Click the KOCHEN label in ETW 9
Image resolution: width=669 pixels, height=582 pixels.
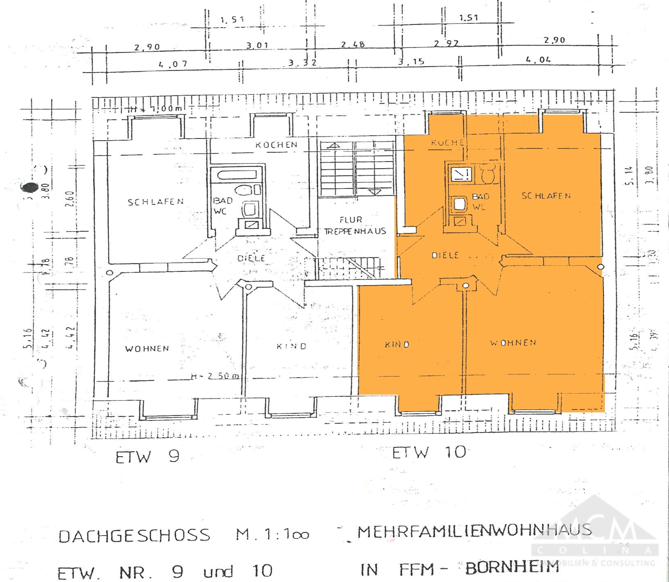(277, 145)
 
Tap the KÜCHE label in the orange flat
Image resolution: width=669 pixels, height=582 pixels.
(447, 143)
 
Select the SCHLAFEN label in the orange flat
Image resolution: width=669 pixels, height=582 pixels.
(546, 196)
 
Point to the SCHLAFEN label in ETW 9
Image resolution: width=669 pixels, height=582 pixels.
(156, 202)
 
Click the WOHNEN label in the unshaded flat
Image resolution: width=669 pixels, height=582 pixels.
(147, 349)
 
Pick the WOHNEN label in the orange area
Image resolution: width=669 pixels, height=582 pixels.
(513, 343)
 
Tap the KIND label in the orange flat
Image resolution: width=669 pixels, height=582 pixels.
(397, 345)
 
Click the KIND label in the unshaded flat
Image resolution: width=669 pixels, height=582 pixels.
(292, 346)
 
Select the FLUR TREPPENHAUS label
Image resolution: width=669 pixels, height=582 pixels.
(355, 225)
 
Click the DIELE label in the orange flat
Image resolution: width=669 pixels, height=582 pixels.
(445, 255)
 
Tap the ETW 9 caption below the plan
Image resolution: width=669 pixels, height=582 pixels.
(147, 457)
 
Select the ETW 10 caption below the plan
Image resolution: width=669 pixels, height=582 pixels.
(429, 453)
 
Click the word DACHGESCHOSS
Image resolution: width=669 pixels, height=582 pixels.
(134, 536)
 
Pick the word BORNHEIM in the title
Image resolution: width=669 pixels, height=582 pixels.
(512, 568)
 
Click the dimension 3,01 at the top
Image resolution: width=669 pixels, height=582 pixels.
(257, 46)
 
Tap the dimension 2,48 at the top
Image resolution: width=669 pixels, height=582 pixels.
(353, 45)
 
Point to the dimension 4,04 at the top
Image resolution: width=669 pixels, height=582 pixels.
(538, 60)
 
